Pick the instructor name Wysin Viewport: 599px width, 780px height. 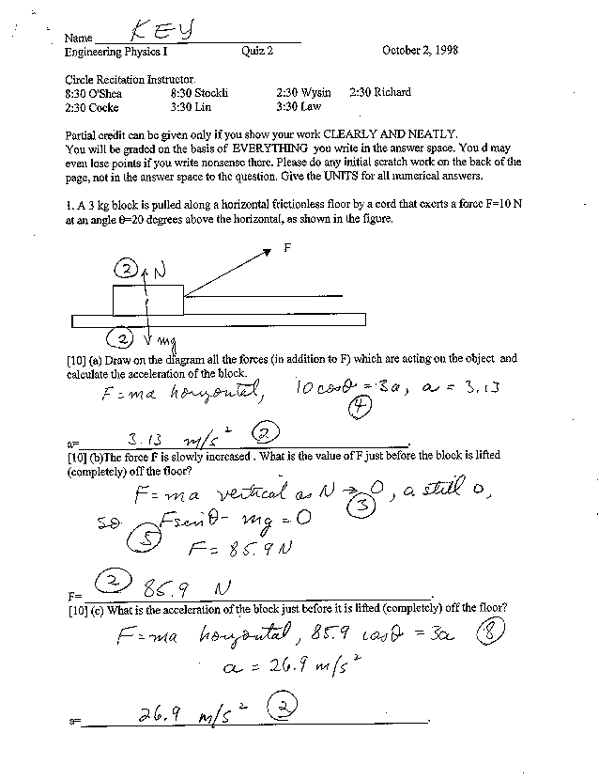315,93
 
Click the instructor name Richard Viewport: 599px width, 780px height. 392,93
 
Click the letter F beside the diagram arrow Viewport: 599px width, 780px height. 288,249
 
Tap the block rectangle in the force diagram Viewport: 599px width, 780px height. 147,299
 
